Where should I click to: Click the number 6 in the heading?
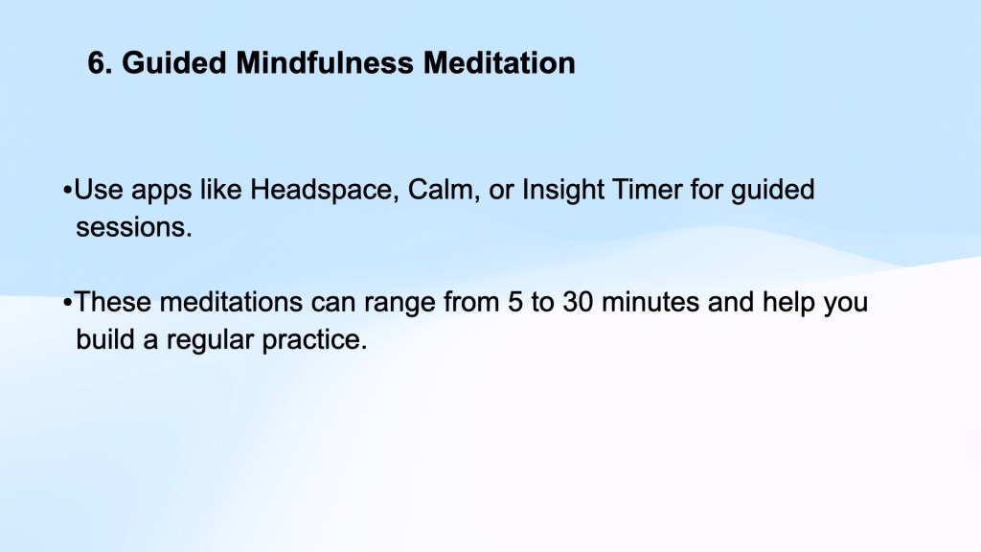pyautogui.click(x=96, y=62)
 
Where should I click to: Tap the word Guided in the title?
pyautogui.click(x=173, y=62)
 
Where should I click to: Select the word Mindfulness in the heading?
pyautogui.click(x=325, y=62)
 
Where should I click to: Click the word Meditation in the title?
pyautogui.click(x=499, y=62)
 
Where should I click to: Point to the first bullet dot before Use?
pyautogui.click(x=68, y=191)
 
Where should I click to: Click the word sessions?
pyautogui.click(x=133, y=227)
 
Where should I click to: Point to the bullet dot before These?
pyautogui.click(x=68, y=303)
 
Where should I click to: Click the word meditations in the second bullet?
pyautogui.click(x=231, y=302)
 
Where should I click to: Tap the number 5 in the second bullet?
pyautogui.click(x=514, y=302)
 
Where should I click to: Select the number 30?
pyautogui.click(x=578, y=302)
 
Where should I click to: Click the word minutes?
pyautogui.click(x=650, y=302)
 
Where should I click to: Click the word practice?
pyautogui.click(x=314, y=340)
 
